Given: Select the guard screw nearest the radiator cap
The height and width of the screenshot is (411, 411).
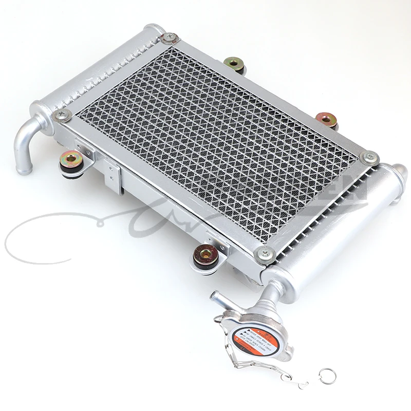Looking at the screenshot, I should tap(265, 252).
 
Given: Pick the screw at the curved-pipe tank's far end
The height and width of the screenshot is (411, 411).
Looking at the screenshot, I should tap(168, 37).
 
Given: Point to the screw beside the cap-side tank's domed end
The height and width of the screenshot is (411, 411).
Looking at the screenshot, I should tap(369, 157).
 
